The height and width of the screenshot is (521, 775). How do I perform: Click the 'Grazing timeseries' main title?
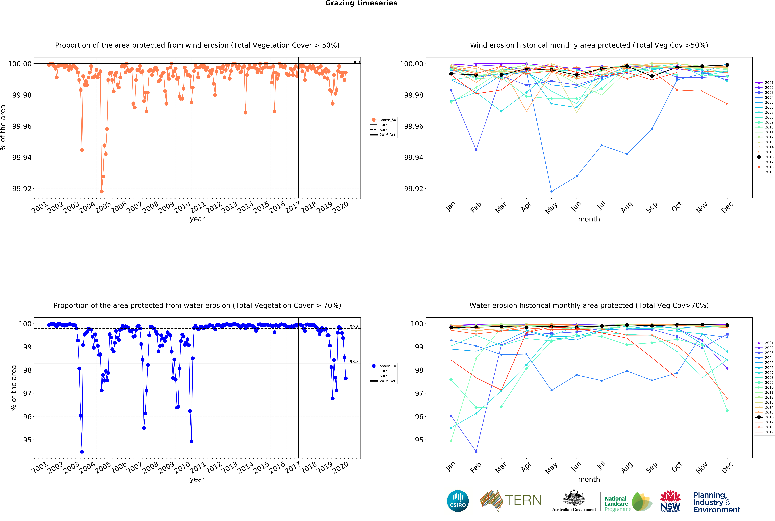361,3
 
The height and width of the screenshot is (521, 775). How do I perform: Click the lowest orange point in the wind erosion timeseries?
102,191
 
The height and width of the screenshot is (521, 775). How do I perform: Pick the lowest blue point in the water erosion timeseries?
82,452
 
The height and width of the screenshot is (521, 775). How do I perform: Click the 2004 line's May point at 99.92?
552,191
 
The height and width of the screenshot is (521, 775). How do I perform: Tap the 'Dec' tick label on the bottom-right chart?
727,467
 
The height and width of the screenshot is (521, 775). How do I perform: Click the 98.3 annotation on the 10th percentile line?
354,361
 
